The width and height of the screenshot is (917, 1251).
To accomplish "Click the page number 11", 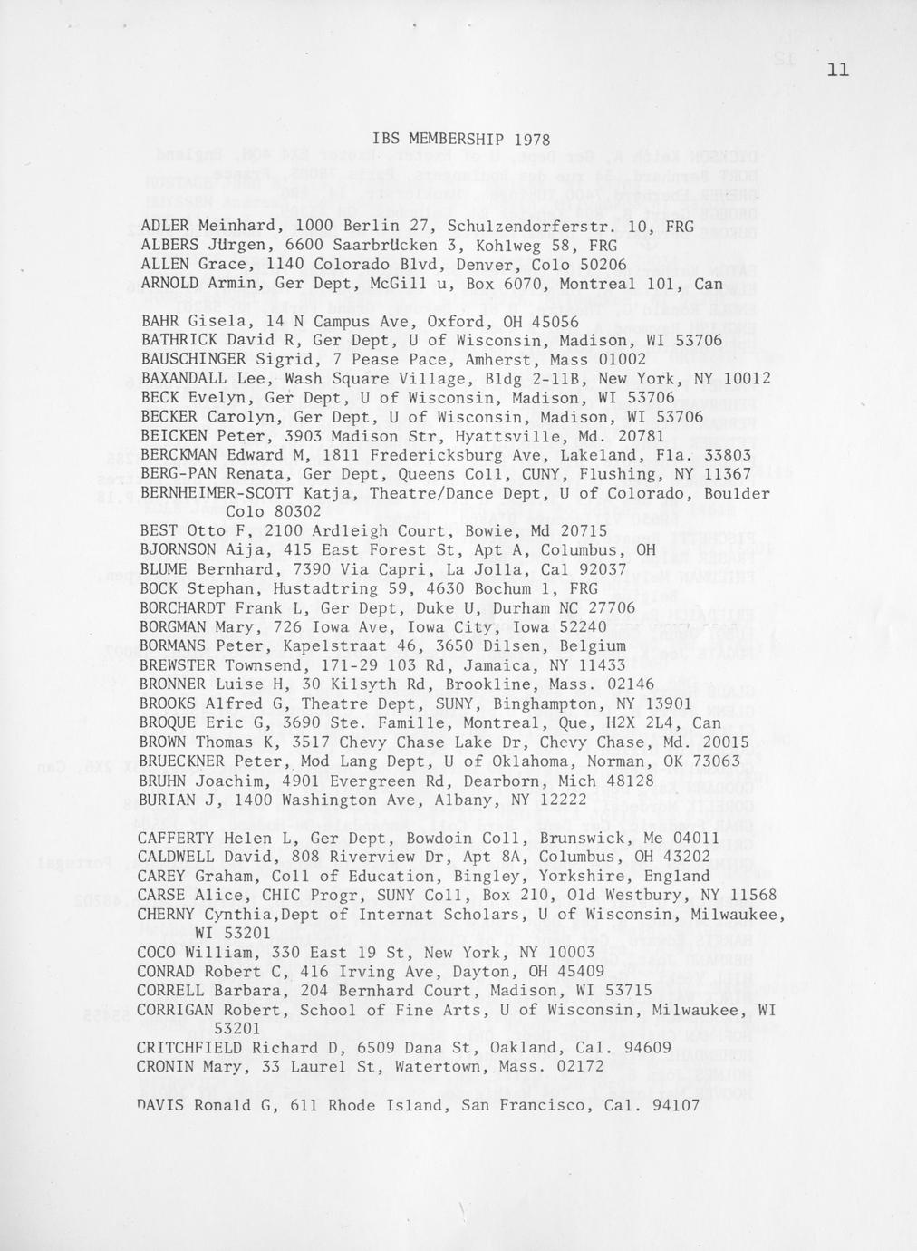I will (x=837, y=70).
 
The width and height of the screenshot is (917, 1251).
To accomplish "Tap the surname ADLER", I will (x=166, y=226).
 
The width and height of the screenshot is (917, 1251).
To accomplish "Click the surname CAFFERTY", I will (x=177, y=838).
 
